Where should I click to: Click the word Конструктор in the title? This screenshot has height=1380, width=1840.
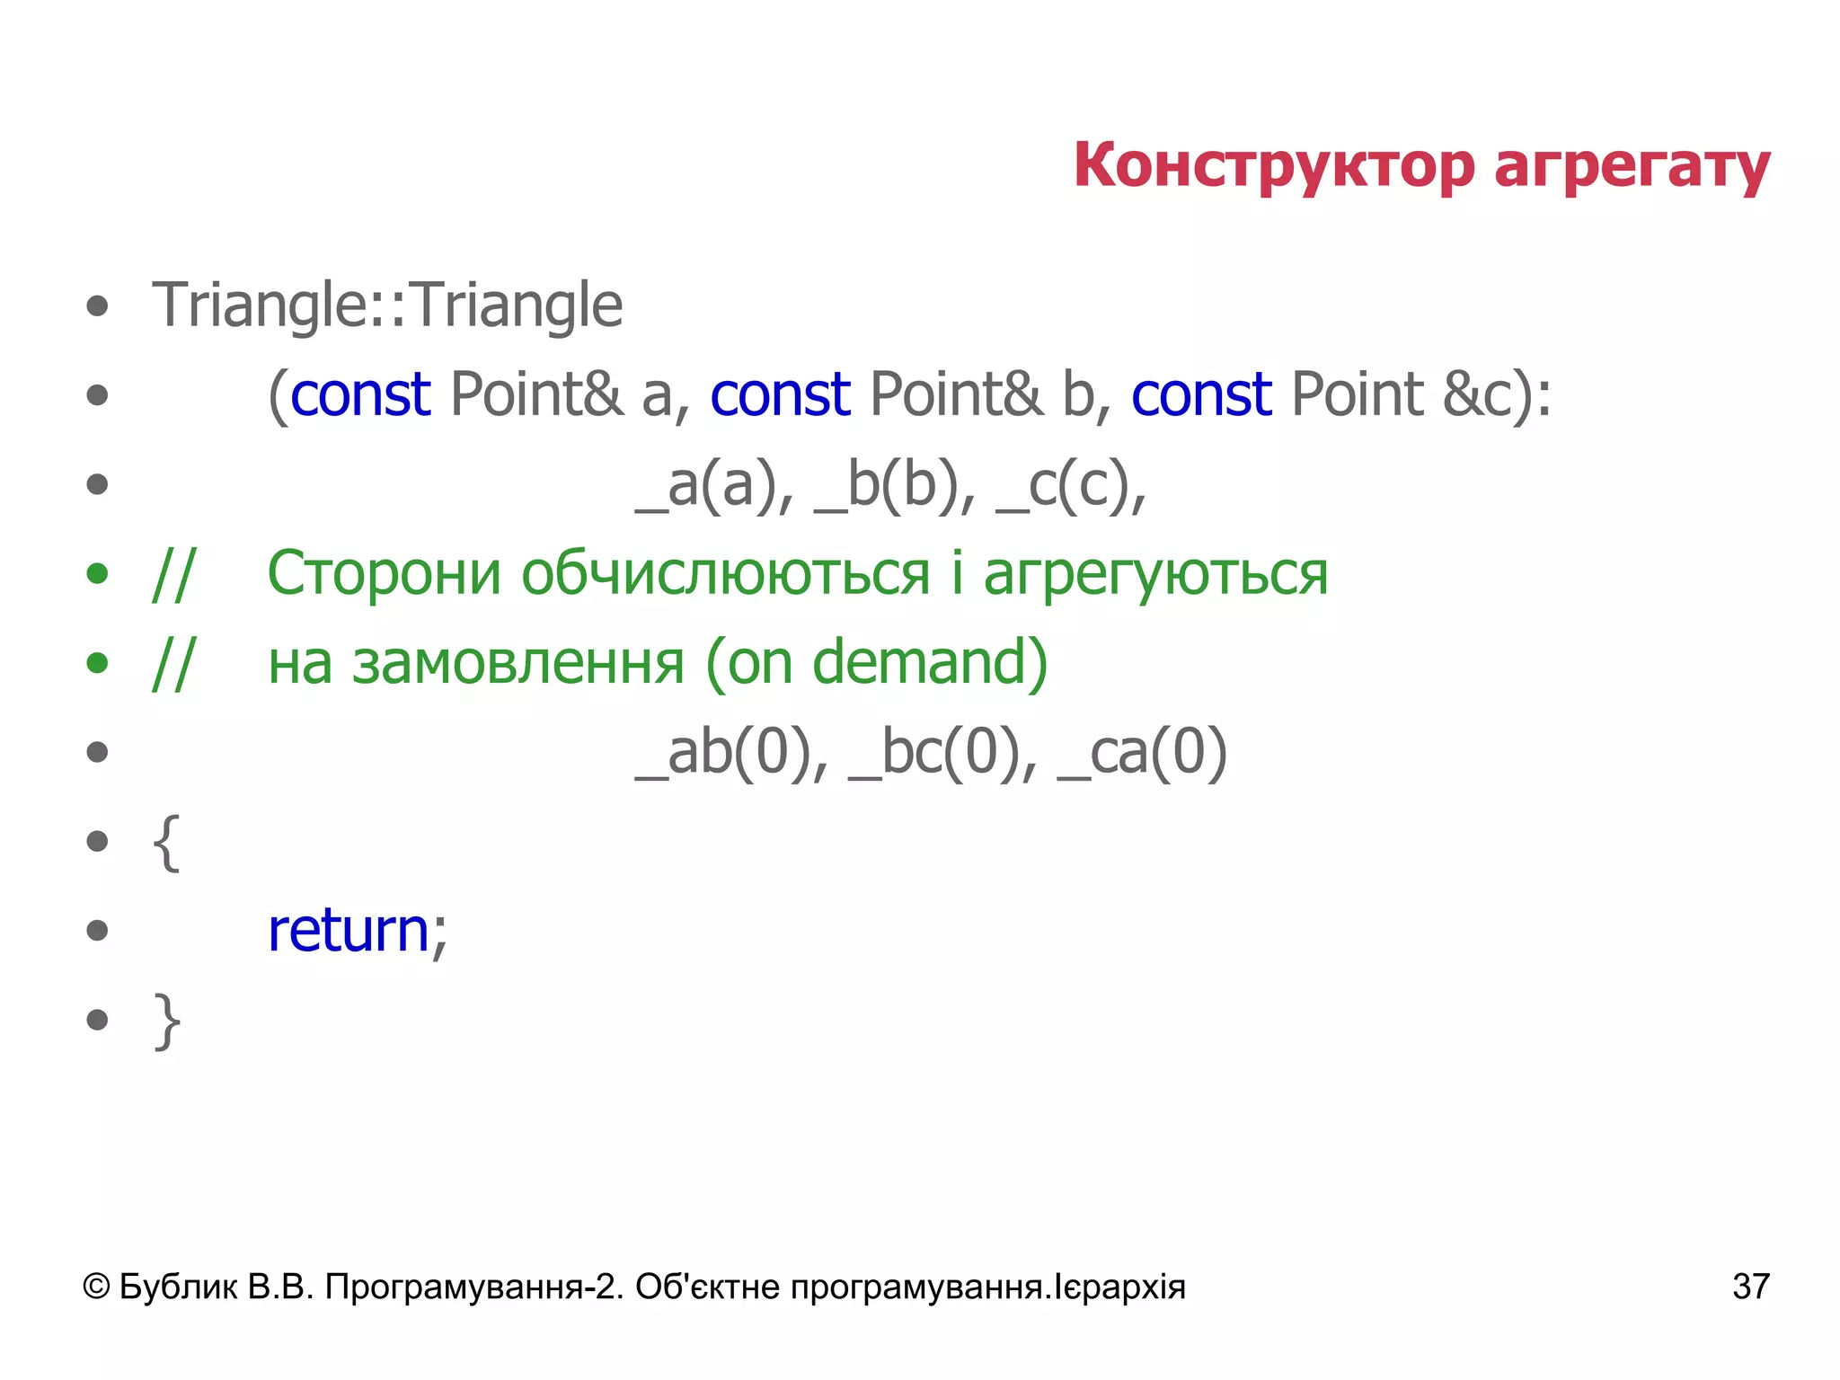click(x=1274, y=166)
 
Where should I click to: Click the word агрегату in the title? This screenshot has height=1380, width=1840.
click(x=1632, y=168)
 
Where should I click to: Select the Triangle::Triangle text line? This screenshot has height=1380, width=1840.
click(x=387, y=305)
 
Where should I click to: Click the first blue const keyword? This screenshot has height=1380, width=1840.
click(x=360, y=394)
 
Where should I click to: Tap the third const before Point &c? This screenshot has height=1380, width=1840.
click(x=1201, y=394)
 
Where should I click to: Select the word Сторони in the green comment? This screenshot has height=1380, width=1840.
click(x=384, y=573)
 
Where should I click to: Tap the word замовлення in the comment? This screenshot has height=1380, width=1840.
click(x=518, y=663)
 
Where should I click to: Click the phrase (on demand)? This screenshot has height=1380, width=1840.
click(x=877, y=663)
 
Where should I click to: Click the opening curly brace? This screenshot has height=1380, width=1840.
click(x=166, y=842)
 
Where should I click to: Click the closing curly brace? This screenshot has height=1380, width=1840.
click(x=166, y=1021)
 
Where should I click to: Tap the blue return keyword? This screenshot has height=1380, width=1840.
click(x=349, y=931)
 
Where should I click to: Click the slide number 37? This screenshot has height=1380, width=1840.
click(x=1750, y=1287)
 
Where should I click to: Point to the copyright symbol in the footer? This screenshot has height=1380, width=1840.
click(x=95, y=1287)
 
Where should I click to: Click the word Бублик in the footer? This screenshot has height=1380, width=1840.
click(x=178, y=1287)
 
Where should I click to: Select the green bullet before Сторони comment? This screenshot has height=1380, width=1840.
click(x=97, y=573)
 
